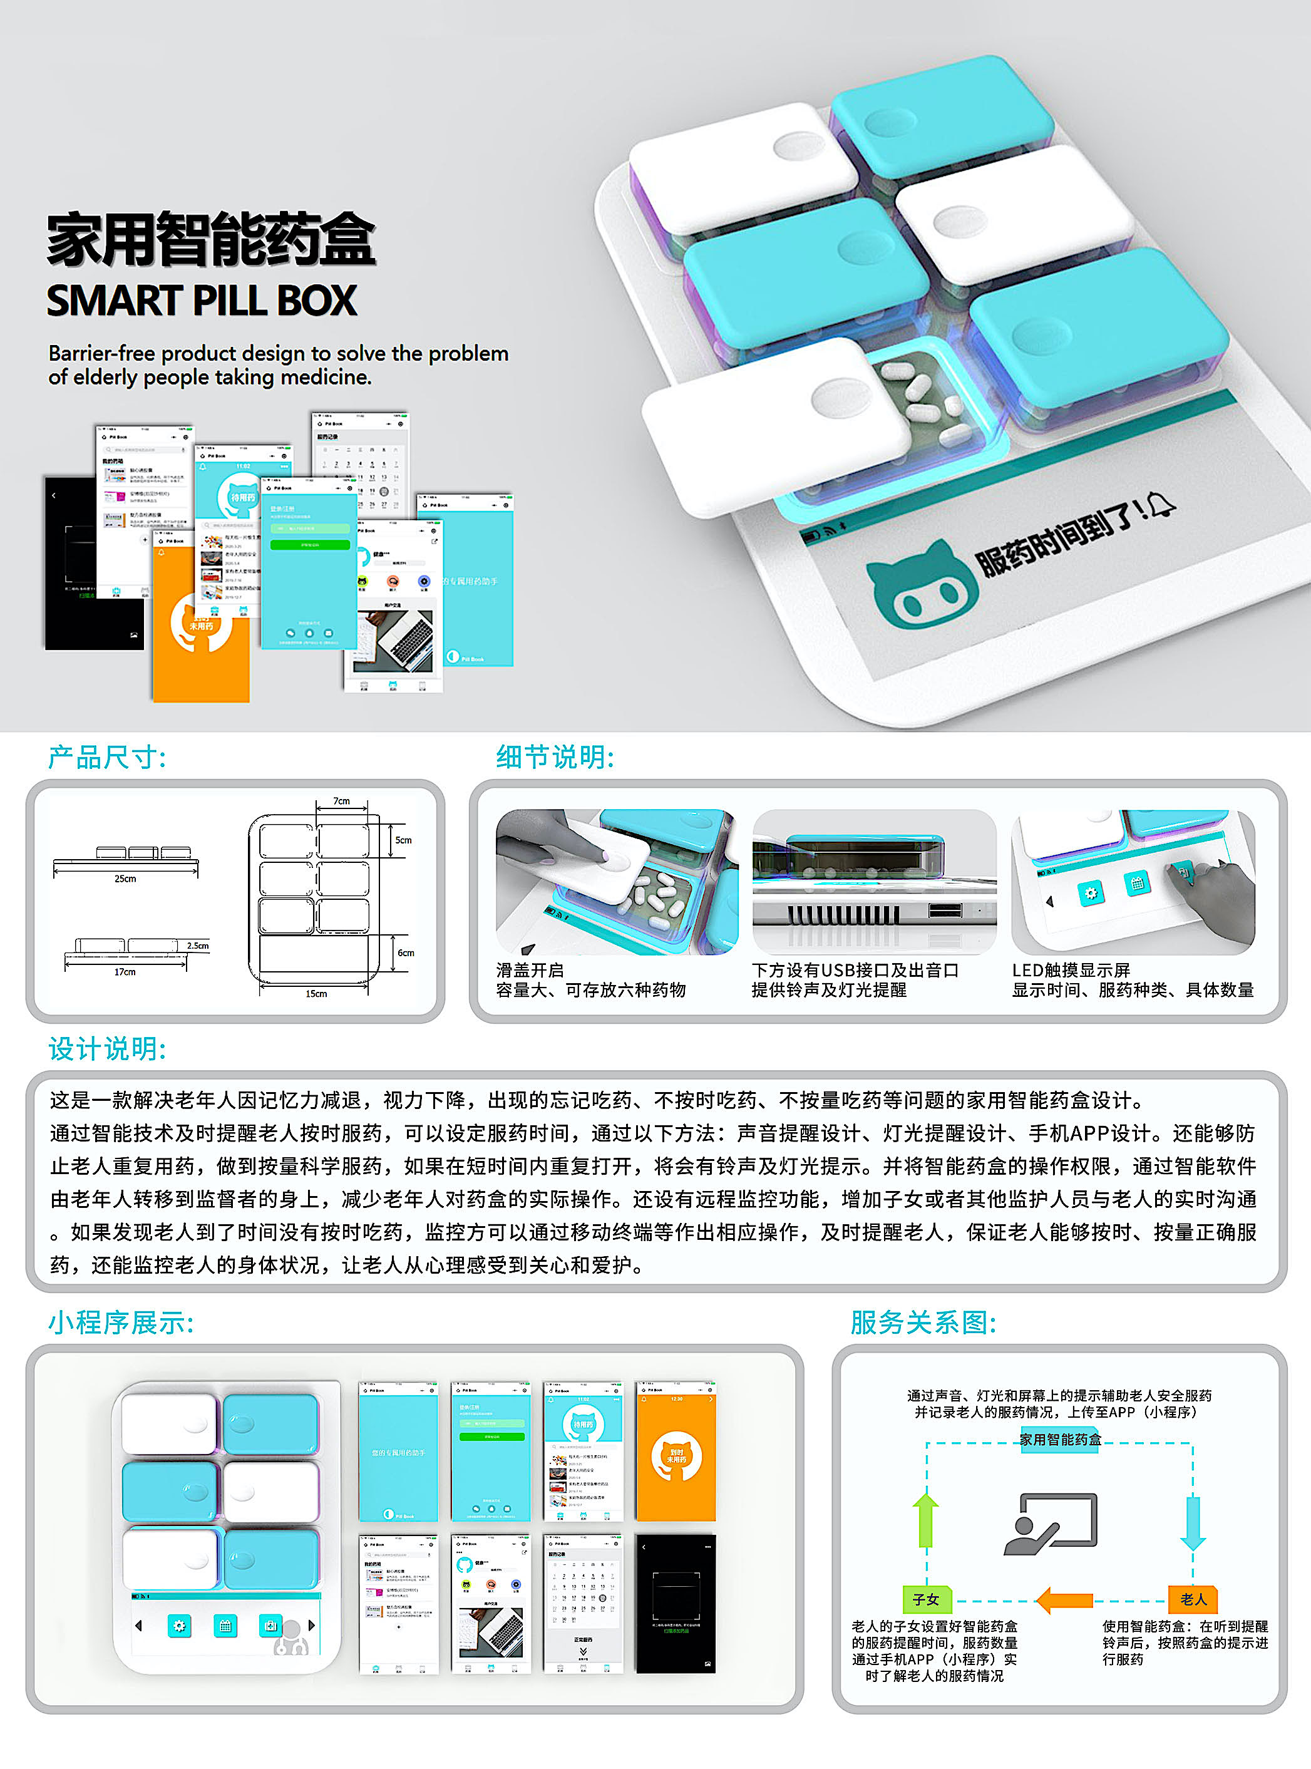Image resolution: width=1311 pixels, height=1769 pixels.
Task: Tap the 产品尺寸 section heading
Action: click(107, 757)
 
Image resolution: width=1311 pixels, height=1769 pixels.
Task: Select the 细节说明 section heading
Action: click(555, 757)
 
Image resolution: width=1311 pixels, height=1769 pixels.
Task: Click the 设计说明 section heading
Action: click(107, 1048)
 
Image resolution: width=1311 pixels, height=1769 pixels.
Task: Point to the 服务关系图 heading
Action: click(923, 1322)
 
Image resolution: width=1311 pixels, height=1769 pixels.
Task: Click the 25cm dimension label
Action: click(125, 879)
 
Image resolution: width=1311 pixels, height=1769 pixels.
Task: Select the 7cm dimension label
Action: click(341, 801)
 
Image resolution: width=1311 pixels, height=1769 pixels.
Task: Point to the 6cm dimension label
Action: click(406, 952)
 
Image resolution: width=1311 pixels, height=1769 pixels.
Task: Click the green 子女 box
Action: click(926, 1599)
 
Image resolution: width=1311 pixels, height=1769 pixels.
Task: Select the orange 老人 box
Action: click(1193, 1599)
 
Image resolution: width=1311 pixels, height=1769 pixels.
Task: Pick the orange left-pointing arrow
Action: click(1064, 1600)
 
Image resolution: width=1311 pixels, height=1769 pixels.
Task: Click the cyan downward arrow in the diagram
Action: click(1193, 1522)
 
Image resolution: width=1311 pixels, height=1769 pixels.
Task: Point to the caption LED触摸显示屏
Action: click(1071, 970)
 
